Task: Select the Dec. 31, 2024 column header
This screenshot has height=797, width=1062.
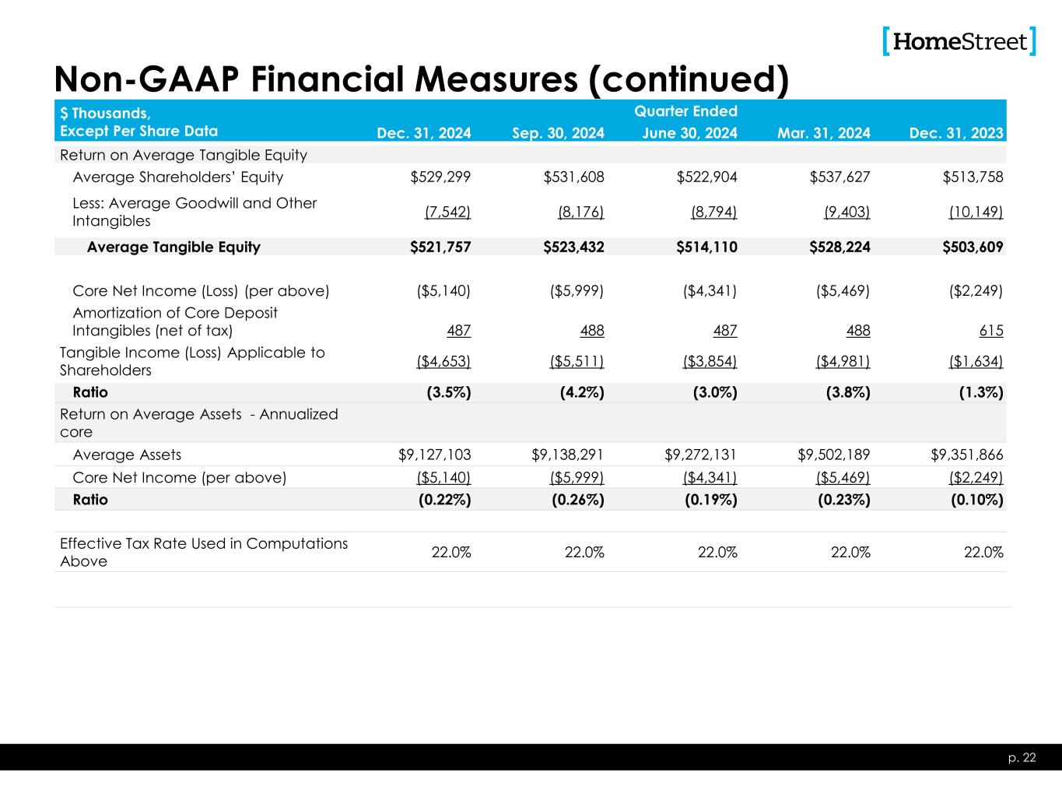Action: coord(424,133)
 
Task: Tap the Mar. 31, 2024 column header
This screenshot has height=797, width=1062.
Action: coord(824,133)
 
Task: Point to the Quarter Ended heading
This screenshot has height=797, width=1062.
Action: coord(685,111)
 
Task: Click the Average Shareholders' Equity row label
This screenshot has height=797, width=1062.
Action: coord(177,177)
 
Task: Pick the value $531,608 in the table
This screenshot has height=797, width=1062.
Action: coord(574,177)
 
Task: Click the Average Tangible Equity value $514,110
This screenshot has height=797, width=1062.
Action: coord(707,248)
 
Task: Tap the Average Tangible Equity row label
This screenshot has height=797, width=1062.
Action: coord(173,248)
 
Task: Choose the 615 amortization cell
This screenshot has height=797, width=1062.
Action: coord(991,331)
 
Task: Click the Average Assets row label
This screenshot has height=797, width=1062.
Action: coord(127,455)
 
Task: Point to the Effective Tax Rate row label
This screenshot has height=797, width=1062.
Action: coord(204,552)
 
